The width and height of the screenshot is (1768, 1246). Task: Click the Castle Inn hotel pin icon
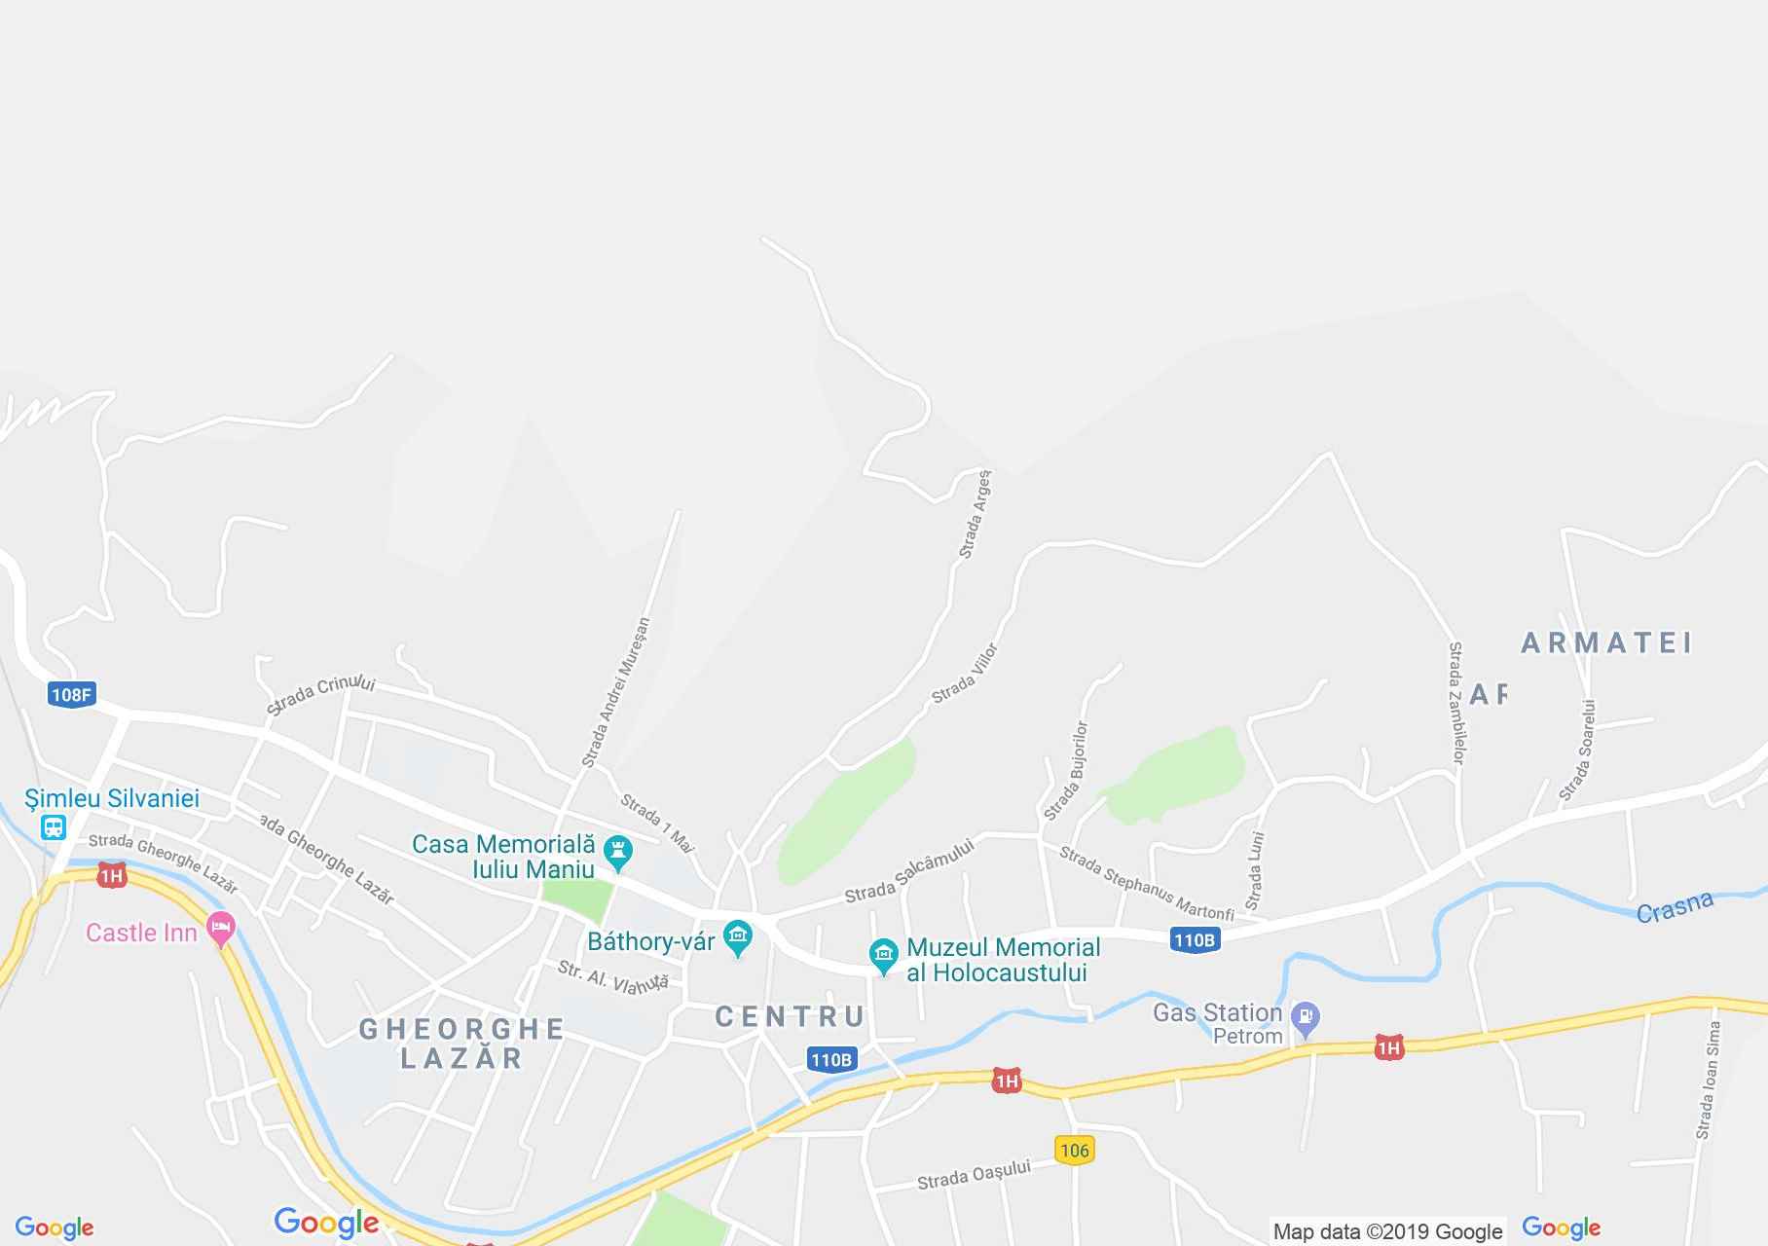221,932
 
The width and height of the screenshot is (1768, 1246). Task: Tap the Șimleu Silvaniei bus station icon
53,827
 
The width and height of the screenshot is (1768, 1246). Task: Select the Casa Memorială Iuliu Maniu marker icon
617,854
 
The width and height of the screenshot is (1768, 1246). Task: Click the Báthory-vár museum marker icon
738,939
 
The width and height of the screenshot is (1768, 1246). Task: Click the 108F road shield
70,694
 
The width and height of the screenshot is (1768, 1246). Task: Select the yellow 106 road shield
1074,1150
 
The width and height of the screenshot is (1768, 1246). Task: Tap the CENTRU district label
790,1017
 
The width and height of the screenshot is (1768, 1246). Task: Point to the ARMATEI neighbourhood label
1605,642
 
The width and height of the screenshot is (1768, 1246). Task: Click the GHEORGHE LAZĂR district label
461,1043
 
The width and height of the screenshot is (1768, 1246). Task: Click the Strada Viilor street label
965,674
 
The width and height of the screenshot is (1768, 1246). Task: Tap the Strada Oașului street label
974,1176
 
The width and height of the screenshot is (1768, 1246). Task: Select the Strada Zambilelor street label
1456,701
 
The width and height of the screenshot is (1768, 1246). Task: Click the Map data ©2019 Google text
1387,1232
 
